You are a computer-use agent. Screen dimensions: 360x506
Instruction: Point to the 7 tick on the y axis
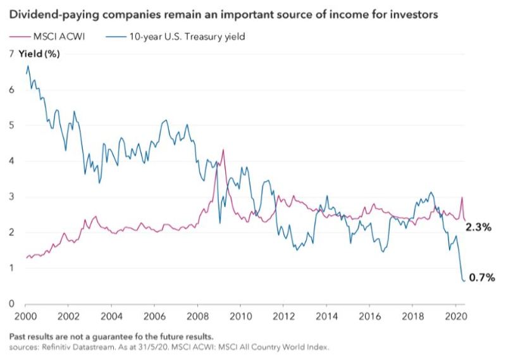pyautogui.click(x=9, y=54)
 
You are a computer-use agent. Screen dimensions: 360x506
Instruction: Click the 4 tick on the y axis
pyautogui.click(x=9, y=161)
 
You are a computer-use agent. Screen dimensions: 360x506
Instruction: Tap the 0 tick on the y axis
pyautogui.click(x=9, y=304)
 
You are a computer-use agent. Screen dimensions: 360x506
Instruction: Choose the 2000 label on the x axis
pyautogui.click(x=25, y=315)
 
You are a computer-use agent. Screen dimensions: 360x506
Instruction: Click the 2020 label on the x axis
pyautogui.click(x=455, y=315)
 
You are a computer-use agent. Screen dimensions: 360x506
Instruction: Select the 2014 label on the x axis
pyautogui.click(x=326, y=315)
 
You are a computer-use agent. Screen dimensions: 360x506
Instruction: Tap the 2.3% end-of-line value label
pyautogui.click(x=479, y=227)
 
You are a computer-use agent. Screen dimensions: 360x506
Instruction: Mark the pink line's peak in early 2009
pyautogui.click(x=223, y=150)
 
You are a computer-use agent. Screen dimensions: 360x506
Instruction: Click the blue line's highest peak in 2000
pyautogui.click(x=28, y=66)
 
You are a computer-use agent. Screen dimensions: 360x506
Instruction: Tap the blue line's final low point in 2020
pyautogui.click(x=465, y=280)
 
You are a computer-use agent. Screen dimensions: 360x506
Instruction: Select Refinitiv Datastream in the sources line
pyautogui.click(x=66, y=347)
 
